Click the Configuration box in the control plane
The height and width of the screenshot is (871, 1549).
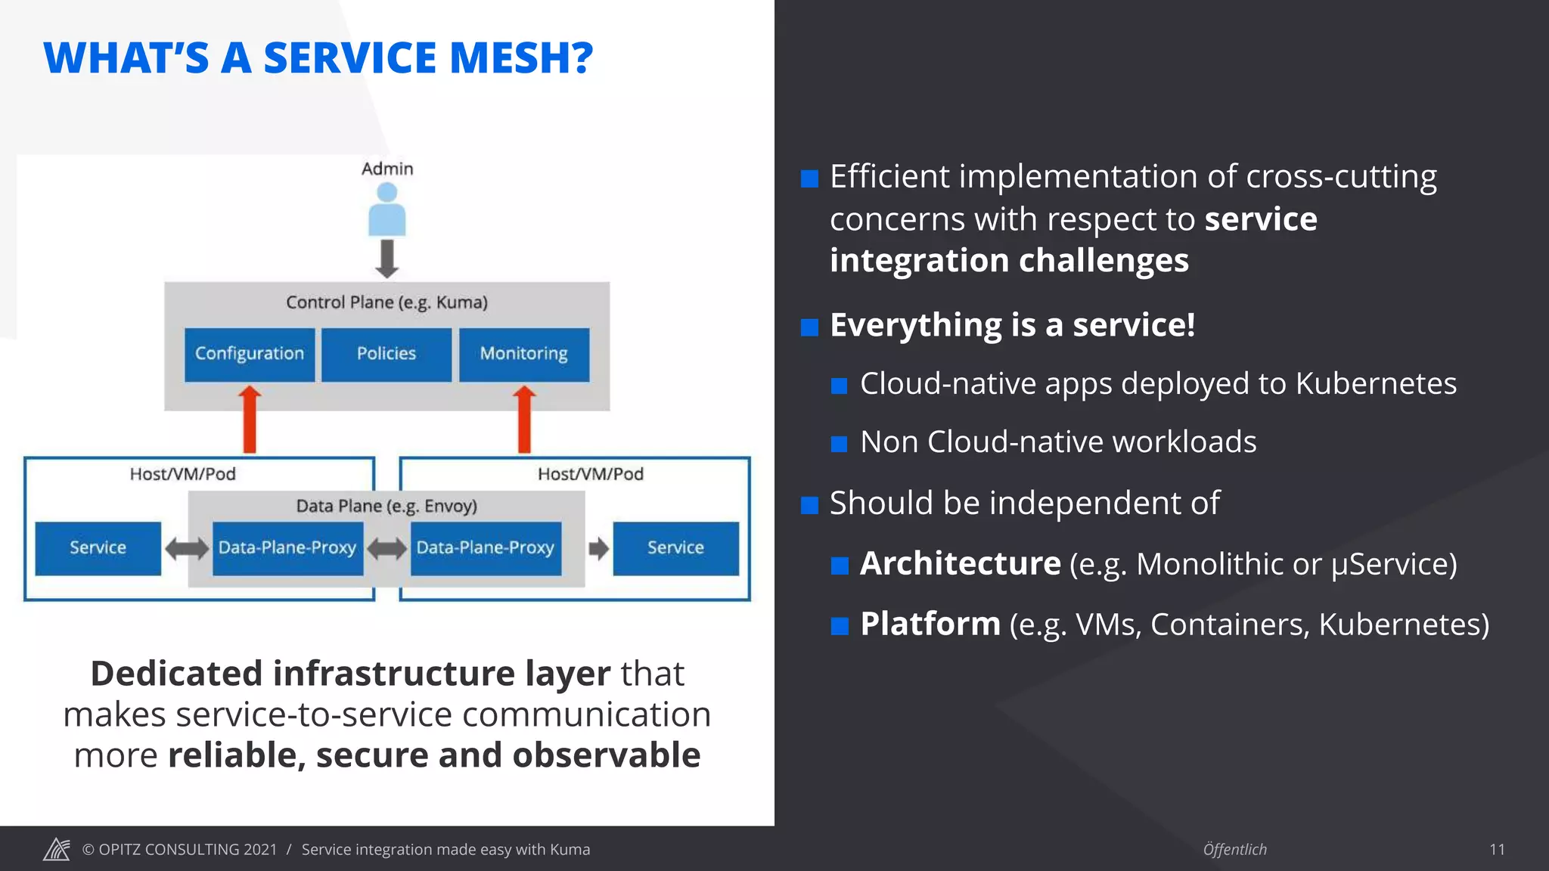point(250,354)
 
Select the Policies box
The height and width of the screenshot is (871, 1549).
point(386,354)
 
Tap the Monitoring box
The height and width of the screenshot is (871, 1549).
point(523,354)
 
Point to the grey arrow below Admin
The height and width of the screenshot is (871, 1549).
point(387,259)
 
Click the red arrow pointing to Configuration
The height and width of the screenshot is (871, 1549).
point(250,420)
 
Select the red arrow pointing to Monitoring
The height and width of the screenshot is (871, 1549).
point(524,420)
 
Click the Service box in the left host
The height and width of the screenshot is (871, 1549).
point(98,548)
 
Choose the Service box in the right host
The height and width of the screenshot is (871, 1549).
point(675,548)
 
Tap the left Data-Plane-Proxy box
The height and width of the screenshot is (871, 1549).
point(287,548)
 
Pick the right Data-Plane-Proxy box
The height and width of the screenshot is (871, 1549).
point(486,548)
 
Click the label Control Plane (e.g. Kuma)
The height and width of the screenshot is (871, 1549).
point(386,302)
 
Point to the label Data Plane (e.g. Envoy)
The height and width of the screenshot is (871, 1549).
point(386,506)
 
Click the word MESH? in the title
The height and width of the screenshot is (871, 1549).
point(521,58)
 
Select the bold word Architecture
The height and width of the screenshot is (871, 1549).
point(960,564)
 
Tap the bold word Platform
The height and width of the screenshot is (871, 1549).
point(930,625)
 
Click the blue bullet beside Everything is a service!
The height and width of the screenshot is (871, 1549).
point(809,327)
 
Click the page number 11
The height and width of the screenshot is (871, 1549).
point(1497,850)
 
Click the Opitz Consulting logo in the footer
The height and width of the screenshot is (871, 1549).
point(57,849)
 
